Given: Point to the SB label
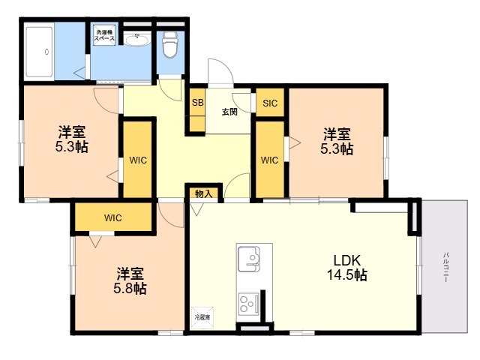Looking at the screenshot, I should coord(196,103).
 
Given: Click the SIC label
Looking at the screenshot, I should coord(269,103).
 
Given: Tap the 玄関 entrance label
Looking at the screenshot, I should coord(229,112).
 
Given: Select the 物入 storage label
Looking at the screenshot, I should coord(203,193).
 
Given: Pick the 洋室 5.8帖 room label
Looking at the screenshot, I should coord(130,280).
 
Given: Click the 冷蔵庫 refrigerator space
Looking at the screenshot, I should coord(203,318).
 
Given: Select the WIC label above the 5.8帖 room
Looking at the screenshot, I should coord(112,218).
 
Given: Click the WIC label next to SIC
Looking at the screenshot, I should coord(269,160).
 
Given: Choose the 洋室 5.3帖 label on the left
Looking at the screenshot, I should coord(71,139).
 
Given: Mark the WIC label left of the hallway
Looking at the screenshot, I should coord(137,160).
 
